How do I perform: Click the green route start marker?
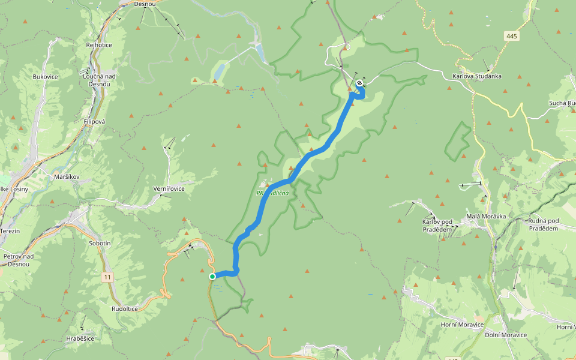[212, 277]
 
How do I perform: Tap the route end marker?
[359, 83]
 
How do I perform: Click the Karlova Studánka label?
[477, 77]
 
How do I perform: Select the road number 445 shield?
[511, 37]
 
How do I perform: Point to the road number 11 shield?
[107, 277]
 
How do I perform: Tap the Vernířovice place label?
[169, 189]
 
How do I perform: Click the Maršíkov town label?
[67, 177]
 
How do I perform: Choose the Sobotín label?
[100, 244]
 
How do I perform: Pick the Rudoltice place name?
[125, 308]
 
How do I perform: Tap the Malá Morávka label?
[487, 216]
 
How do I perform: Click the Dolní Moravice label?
[506, 335]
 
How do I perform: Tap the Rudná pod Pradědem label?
[543, 224]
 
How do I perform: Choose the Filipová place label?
[95, 121]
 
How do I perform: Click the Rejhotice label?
[99, 45]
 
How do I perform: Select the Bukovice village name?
[45, 77]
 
